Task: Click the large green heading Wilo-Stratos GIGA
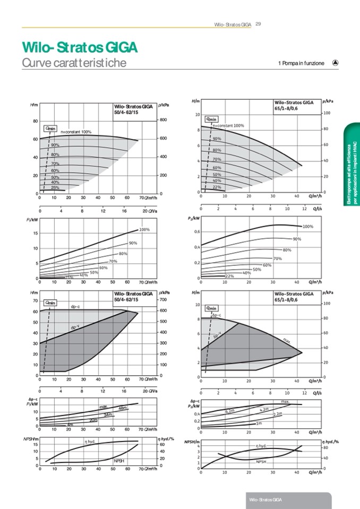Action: pyautogui.click(x=80, y=47)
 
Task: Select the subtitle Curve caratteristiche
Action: pyautogui.click(x=74, y=63)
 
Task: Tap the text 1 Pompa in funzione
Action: pyautogui.click(x=301, y=63)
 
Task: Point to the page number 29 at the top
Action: pyautogui.click(x=258, y=24)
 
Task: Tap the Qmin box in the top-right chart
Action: pyautogui.click(x=211, y=119)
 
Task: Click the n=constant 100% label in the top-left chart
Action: pyautogui.click(x=76, y=132)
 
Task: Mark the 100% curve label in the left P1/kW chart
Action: pyautogui.click(x=144, y=230)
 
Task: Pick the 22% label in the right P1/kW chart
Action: pyautogui.click(x=230, y=276)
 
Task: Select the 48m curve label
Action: pyautogui.click(x=123, y=408)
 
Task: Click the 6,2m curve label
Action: pyautogui.click(x=230, y=410)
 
